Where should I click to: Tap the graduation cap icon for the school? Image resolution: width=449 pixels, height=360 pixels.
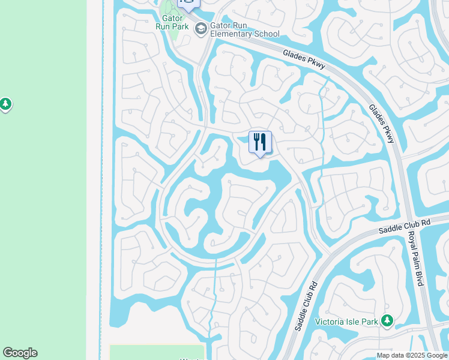tap(200, 28)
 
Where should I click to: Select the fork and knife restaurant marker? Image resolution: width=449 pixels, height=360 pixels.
tap(260, 142)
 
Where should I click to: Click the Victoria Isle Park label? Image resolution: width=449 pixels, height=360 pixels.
tap(347, 322)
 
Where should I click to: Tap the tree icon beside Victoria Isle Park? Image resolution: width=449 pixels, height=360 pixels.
tap(388, 322)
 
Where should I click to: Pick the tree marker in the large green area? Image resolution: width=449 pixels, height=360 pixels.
tap(5, 104)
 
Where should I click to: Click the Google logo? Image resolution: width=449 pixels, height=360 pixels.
tap(20, 353)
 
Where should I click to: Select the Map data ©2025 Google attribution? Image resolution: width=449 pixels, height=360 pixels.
tap(411, 355)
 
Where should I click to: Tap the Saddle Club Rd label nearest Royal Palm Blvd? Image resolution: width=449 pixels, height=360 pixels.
tap(405, 226)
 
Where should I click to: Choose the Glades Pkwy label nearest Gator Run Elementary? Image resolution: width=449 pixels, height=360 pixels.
tap(304, 61)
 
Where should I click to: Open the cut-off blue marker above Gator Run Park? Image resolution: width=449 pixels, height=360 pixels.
tap(188, 4)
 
